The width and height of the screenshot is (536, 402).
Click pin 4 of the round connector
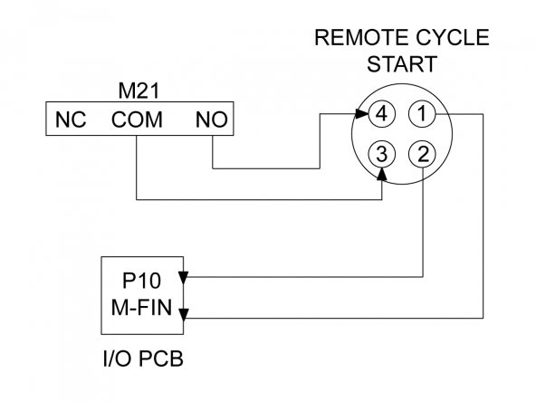click(381, 113)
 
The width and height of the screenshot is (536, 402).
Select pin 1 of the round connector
click(422, 113)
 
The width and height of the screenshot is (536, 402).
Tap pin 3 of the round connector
click(381, 154)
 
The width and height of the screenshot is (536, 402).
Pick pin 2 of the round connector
click(423, 154)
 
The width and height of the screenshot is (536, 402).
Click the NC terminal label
click(71, 120)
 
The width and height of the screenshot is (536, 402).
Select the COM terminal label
click(137, 120)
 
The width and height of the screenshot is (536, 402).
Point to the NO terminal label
click(212, 120)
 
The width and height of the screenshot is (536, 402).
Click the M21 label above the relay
click(139, 91)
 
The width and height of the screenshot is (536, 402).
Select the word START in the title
click(402, 63)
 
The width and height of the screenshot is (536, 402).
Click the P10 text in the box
click(141, 281)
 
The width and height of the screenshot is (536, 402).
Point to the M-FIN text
click(141, 307)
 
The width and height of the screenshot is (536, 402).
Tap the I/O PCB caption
click(143, 359)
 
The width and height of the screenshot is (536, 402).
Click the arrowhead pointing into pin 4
click(361, 113)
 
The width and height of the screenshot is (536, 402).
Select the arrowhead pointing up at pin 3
click(382, 174)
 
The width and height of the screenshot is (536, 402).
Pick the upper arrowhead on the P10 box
click(184, 278)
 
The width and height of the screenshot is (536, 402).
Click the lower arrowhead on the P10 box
click(184, 315)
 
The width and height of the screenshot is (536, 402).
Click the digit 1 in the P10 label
click(140, 281)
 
